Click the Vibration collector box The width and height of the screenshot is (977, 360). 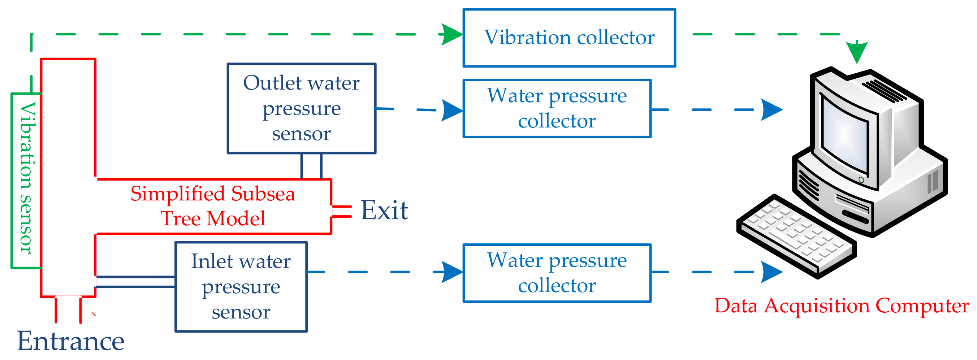[x=569, y=38]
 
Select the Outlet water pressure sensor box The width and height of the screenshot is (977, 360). [x=301, y=108]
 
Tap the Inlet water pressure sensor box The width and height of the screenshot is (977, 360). [x=241, y=286]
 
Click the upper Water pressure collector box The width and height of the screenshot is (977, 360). [x=557, y=108]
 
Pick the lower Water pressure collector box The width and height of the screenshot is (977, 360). [x=557, y=273]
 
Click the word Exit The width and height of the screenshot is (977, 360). [x=384, y=210]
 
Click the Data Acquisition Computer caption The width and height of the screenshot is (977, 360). [x=841, y=306]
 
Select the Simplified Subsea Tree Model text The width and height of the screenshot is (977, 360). [x=212, y=206]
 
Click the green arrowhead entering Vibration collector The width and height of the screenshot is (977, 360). [x=451, y=34]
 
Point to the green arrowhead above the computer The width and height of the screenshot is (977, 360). [x=856, y=51]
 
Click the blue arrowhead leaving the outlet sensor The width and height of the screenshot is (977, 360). [x=451, y=110]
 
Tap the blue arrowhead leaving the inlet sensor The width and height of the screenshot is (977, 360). [x=451, y=272]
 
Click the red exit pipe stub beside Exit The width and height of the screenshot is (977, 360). [x=342, y=211]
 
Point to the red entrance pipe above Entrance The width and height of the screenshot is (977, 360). [x=68, y=309]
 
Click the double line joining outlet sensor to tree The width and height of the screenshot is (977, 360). [x=311, y=166]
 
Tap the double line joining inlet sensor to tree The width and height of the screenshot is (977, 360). [x=135, y=282]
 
